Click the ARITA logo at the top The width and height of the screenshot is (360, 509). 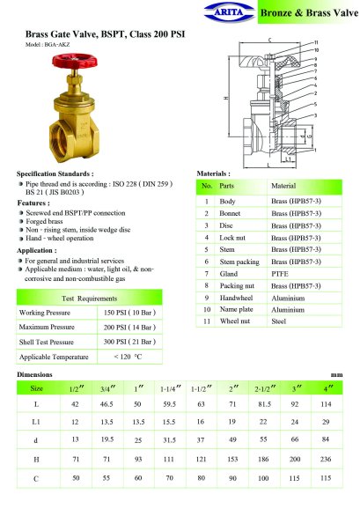tap(230, 12)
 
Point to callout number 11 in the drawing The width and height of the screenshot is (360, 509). tap(316, 42)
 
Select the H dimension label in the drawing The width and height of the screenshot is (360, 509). tap(226, 98)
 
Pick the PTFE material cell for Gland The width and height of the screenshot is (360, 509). tap(280, 274)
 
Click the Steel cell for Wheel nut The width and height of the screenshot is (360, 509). tap(279, 321)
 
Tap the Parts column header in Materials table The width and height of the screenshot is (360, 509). tap(226, 186)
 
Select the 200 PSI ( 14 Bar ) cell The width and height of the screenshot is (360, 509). tap(129, 328)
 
